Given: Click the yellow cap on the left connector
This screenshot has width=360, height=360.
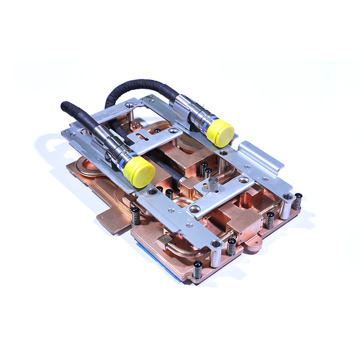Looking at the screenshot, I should (x=139, y=172).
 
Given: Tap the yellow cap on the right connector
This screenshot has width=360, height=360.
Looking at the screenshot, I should (x=220, y=132).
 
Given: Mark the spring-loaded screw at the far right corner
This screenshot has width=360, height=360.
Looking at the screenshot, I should (x=298, y=201).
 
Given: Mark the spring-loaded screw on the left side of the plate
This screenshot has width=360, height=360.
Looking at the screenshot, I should (x=136, y=215).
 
